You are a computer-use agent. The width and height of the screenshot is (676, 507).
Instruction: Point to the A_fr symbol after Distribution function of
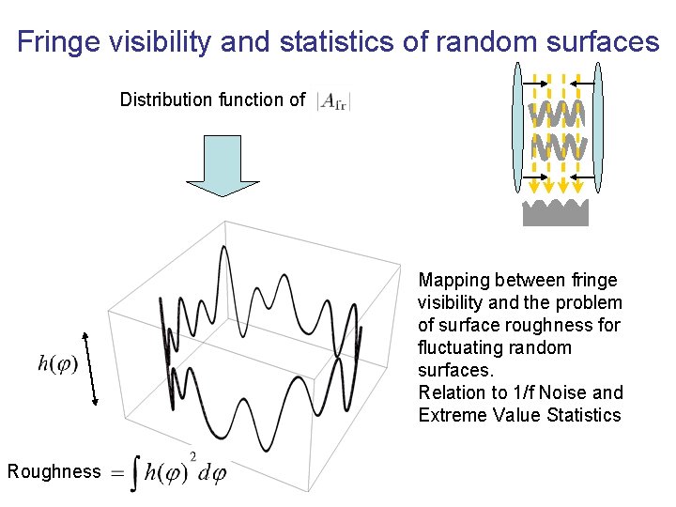(333, 101)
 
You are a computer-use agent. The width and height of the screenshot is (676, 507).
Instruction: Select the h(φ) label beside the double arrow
(56, 362)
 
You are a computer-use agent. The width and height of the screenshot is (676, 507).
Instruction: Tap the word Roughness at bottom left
(53, 471)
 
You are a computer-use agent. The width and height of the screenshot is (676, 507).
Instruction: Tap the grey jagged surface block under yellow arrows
(555, 213)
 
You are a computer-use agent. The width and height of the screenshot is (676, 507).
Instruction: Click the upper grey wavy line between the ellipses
(558, 115)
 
